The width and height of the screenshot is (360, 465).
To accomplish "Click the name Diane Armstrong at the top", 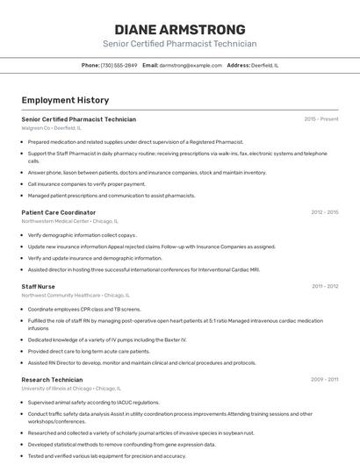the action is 179,29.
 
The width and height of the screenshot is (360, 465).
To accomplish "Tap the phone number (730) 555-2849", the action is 119,65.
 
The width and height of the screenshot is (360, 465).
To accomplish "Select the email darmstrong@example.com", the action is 191,65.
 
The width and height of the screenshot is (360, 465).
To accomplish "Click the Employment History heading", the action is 65,100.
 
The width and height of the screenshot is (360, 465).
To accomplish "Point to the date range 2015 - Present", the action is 320,119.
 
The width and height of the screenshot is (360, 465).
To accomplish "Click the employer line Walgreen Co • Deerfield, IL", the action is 52,128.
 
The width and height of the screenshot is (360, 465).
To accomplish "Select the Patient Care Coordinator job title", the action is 59,212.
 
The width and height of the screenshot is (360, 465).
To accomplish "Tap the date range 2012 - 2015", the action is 324,212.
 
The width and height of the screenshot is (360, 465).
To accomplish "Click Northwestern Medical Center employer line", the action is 68,221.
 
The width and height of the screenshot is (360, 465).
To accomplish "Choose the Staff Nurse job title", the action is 39,286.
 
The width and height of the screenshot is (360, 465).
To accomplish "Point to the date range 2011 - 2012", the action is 324,286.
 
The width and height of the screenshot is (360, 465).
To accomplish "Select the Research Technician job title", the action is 52,379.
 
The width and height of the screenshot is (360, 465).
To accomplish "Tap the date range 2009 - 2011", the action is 324,379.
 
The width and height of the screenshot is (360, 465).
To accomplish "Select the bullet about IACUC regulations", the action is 93,403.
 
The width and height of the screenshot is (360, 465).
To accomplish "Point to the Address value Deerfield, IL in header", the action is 264,65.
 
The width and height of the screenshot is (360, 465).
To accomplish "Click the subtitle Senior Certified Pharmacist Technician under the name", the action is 179,44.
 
